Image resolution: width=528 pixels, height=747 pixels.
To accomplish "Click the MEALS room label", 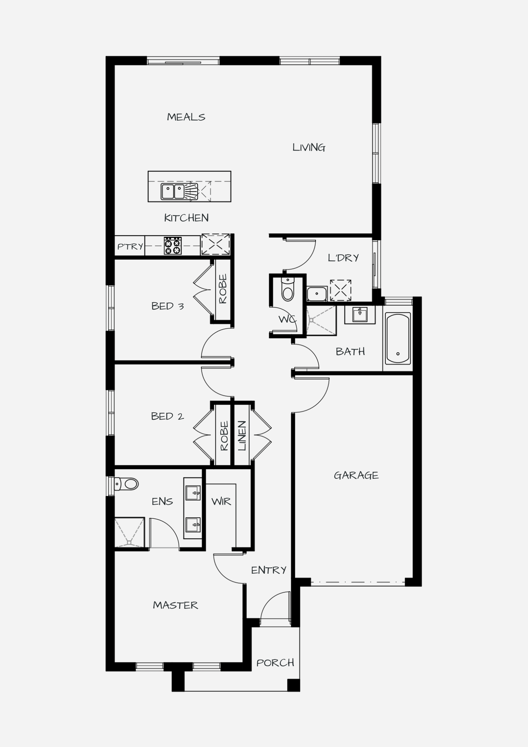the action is point(186,117).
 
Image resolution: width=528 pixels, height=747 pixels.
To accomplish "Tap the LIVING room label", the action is point(309,148).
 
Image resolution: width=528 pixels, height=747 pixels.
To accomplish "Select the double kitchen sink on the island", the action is point(173,191).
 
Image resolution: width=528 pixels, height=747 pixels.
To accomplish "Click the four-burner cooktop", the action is point(173,246).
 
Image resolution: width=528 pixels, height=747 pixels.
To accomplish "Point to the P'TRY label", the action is point(130,247).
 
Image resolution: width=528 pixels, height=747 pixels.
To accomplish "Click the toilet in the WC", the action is point(288,290).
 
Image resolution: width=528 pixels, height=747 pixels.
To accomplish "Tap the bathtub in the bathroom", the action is point(398,338).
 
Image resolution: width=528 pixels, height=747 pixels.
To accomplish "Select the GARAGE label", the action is point(356,475).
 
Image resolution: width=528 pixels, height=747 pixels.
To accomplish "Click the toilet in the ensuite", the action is point(126,484).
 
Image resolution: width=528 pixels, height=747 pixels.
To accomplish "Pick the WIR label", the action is point(221,502).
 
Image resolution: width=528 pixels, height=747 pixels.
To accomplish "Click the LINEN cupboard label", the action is point(242,436).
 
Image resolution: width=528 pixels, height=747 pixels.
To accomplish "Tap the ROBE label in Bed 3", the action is point(223,289).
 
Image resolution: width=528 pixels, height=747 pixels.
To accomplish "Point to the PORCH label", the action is point(275,663).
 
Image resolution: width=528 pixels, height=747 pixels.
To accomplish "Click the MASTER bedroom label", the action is point(176,605).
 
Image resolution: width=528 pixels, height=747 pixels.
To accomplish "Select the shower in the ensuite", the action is point(129,532).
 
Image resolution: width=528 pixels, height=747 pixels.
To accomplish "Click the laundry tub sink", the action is point(317,294).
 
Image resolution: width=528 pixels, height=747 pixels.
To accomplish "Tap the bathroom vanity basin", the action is point(360,314).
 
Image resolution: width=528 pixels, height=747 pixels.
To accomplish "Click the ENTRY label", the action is point(268,570).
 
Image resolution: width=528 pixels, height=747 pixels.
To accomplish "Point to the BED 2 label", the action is point(167,416).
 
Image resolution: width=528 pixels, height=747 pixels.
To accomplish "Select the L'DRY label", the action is point(343,258).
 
